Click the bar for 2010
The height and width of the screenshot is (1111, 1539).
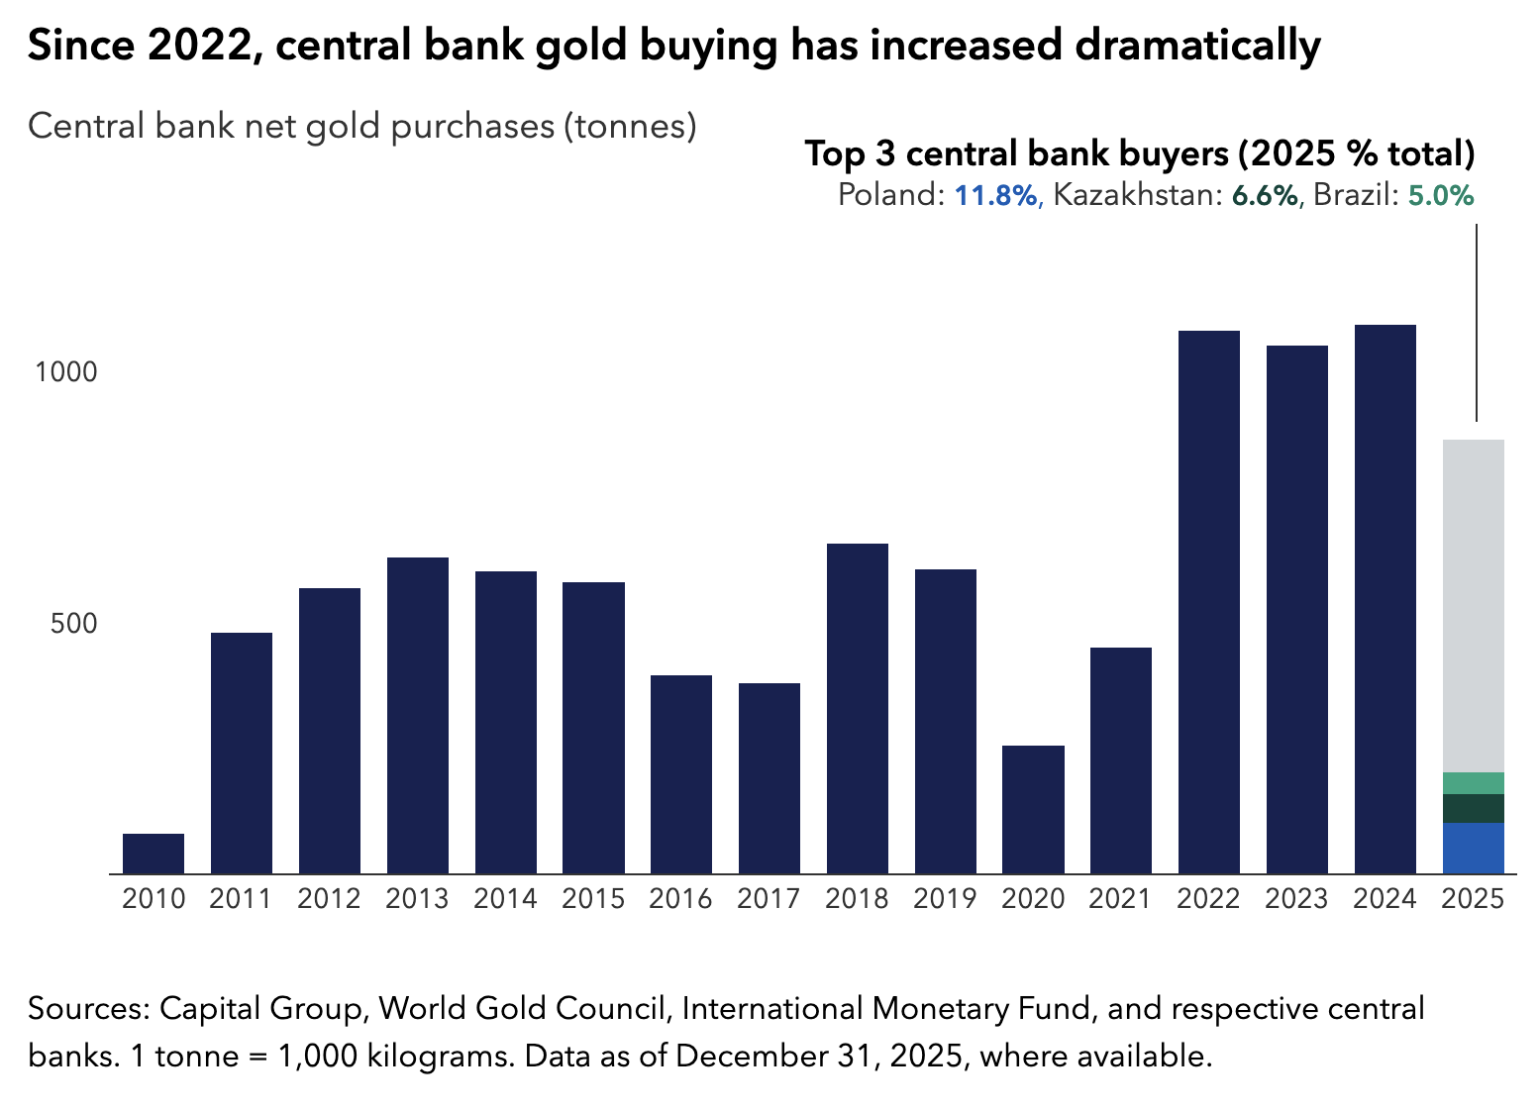point(154,854)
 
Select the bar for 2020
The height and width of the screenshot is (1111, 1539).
point(1033,809)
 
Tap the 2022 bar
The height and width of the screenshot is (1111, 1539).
point(1209,602)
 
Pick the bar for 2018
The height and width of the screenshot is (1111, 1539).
point(858,708)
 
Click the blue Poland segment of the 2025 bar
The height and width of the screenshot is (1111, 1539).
point(1474,848)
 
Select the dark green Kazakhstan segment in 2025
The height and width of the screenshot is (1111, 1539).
point(1474,808)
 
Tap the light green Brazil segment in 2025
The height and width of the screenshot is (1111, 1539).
point(1474,783)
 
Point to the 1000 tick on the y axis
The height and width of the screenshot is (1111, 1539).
point(66,372)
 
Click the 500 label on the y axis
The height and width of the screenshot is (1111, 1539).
point(74,624)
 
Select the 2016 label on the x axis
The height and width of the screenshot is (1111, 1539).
point(681,898)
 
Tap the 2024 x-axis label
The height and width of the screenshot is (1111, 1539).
point(1385,898)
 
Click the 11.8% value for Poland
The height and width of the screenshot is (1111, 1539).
point(995,195)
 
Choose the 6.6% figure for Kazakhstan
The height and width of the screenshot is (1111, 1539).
point(1264,195)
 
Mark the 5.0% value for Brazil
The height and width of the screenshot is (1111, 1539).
point(1441,195)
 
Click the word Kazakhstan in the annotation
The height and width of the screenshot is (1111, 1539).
point(1133,195)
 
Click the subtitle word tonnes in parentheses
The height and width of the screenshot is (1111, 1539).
point(630,127)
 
